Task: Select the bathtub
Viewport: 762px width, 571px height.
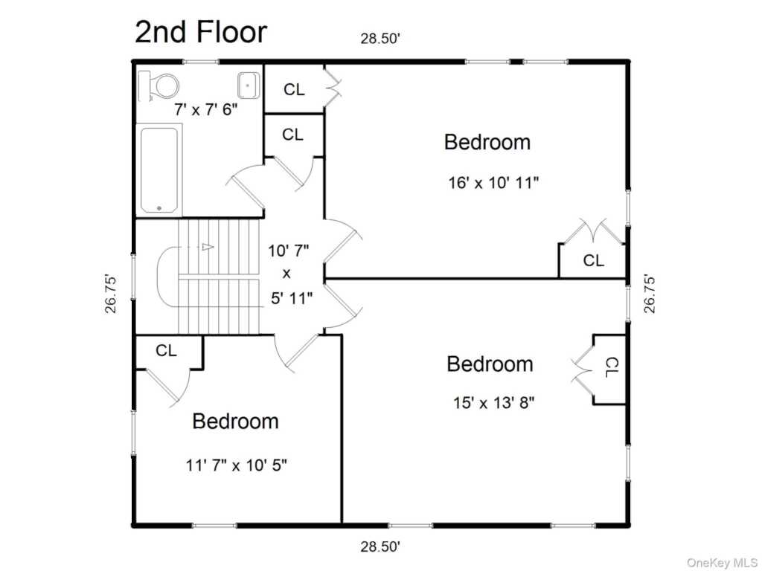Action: point(159,170)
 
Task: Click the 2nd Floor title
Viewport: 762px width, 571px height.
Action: point(201,32)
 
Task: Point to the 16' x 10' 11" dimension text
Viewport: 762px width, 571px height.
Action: point(493,183)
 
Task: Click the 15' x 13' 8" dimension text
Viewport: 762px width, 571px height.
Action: point(494,402)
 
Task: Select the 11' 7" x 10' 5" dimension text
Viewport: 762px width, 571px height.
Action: point(236,465)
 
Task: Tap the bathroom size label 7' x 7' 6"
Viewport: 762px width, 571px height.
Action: point(206,109)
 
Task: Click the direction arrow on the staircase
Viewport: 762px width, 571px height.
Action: point(208,247)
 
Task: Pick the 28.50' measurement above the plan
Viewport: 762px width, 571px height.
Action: point(380,39)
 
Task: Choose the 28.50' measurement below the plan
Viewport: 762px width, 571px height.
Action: point(380,546)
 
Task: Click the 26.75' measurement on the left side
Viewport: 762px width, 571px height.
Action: point(112,294)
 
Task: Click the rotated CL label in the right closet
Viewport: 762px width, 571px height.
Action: point(612,367)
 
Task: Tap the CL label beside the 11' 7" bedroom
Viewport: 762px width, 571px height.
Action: point(166,350)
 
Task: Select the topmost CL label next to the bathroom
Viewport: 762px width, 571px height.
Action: point(294,89)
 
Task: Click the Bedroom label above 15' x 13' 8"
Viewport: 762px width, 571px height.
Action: point(490,364)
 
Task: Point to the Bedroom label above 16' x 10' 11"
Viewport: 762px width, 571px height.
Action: point(487,142)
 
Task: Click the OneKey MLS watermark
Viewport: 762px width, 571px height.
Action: point(722,563)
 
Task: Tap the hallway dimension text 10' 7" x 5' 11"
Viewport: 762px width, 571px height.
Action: point(290,274)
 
